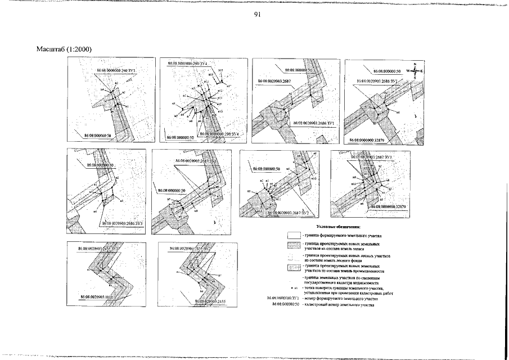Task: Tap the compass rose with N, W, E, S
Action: [x=415, y=71]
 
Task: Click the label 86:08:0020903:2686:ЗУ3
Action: [x=123, y=223]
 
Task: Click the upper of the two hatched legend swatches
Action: [x=294, y=245]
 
